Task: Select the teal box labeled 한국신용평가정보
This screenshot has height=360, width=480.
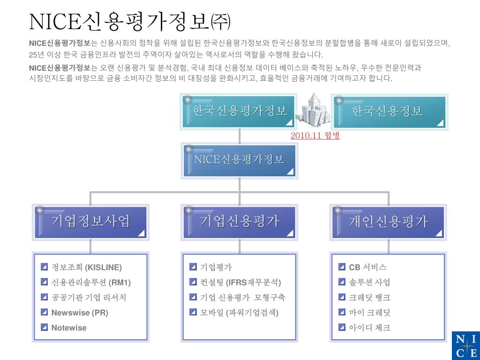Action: click(x=239, y=112)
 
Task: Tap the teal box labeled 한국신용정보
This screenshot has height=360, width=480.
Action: click(x=389, y=112)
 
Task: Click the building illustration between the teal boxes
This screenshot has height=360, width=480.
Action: click(x=314, y=110)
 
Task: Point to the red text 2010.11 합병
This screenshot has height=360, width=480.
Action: click(x=315, y=135)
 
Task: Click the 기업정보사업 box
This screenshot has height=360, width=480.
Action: click(x=90, y=221)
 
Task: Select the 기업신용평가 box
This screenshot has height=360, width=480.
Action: click(x=239, y=221)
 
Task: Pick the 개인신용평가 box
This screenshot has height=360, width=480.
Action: click(x=389, y=221)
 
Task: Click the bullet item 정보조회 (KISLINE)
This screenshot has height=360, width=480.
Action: click(x=86, y=268)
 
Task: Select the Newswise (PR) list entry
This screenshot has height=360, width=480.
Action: click(x=80, y=313)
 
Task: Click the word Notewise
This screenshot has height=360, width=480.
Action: click(x=69, y=328)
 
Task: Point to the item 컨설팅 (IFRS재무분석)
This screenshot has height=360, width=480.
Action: click(x=240, y=283)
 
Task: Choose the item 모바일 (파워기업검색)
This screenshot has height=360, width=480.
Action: click(x=239, y=313)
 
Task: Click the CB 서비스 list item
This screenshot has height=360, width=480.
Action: click(x=367, y=268)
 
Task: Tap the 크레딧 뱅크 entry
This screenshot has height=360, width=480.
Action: click(x=369, y=298)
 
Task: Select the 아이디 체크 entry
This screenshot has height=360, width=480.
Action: click(x=369, y=328)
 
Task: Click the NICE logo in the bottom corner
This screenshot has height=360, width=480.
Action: click(x=465, y=345)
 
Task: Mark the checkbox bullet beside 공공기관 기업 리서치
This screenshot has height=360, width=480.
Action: click(x=45, y=297)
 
